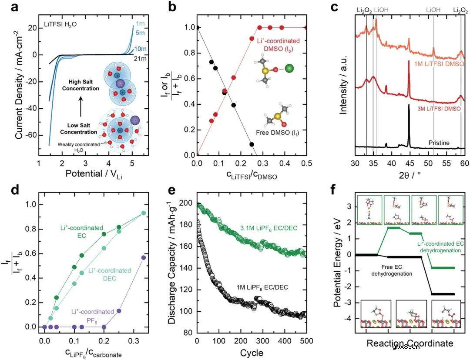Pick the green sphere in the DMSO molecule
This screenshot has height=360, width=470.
coord(289,68)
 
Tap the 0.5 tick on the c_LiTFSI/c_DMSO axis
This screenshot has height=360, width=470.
coord(306,163)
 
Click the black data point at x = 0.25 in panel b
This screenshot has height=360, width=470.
coord(252,144)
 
